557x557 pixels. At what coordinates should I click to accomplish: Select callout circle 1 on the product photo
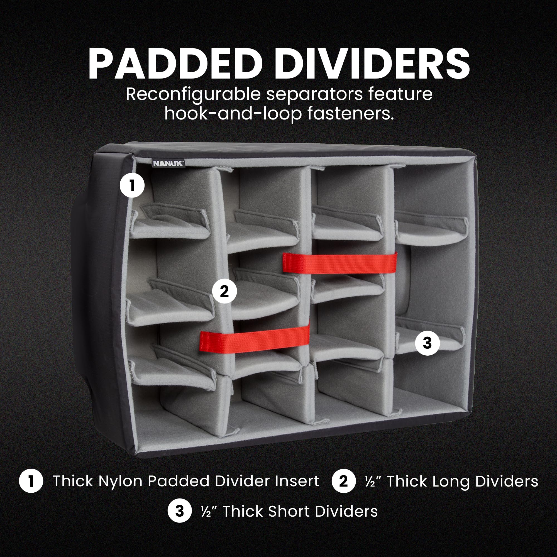click(x=132, y=185)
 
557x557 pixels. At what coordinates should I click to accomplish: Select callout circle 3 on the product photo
click(x=427, y=343)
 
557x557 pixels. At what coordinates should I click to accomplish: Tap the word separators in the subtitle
click(x=314, y=95)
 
